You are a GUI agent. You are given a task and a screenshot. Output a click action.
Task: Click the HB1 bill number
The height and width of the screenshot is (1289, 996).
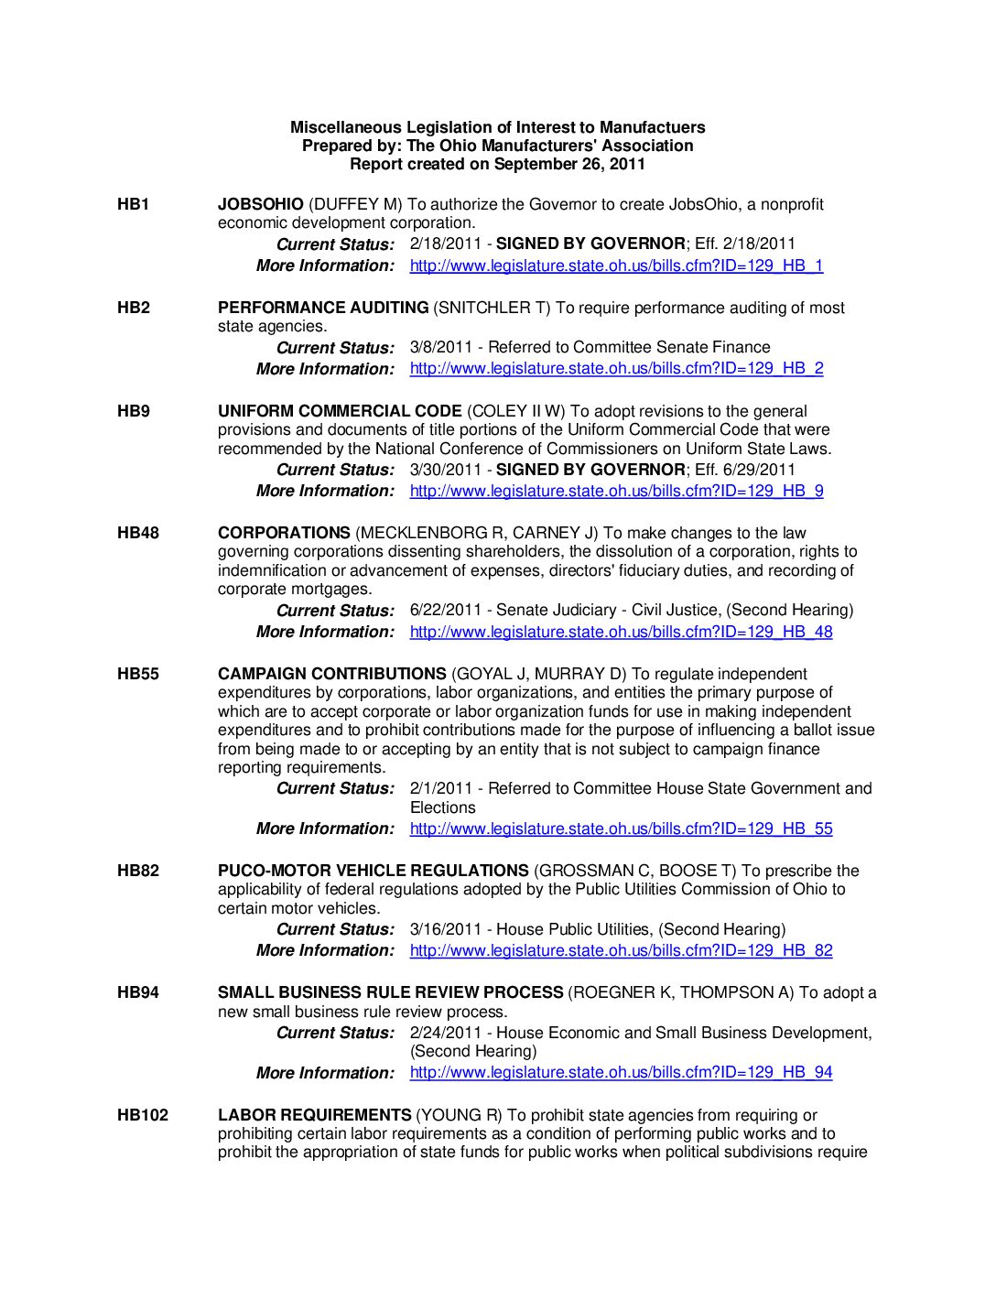point(133,204)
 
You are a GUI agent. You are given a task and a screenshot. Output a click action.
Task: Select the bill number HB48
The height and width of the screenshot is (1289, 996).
point(137,533)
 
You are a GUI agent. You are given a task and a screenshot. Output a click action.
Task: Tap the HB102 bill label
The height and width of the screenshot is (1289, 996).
point(143,1115)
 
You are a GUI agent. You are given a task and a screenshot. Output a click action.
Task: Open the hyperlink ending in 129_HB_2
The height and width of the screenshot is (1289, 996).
point(616,368)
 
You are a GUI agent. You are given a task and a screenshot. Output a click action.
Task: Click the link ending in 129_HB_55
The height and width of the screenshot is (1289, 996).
point(621,829)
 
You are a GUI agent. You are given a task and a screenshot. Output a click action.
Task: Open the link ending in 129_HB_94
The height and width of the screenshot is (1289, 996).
point(621,1072)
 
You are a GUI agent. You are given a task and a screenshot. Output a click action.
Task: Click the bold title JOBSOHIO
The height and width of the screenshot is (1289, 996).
point(260,204)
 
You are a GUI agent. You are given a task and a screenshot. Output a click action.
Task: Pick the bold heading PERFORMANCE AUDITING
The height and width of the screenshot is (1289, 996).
point(323,308)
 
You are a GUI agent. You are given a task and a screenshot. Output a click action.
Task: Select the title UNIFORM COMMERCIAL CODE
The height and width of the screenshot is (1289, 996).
point(340,411)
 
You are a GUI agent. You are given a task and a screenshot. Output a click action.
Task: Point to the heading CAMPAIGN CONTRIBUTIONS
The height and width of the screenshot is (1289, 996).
point(332,674)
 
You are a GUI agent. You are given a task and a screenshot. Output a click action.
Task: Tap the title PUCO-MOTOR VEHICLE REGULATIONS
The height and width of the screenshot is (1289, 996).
point(373,871)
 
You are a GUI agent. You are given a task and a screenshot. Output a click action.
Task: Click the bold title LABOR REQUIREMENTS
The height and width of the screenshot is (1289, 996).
point(314,1115)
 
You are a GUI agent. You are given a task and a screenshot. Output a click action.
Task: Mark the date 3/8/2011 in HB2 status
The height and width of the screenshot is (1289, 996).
point(441,347)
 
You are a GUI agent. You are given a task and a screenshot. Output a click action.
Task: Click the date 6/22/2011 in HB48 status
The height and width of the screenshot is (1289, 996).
point(445,610)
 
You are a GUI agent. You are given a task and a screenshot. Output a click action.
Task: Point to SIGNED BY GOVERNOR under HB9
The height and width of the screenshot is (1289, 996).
point(590,470)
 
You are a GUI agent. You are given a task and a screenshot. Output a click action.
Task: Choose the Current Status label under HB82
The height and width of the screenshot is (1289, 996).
point(335,929)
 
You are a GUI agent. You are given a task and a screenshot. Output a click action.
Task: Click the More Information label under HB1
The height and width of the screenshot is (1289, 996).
point(325,265)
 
